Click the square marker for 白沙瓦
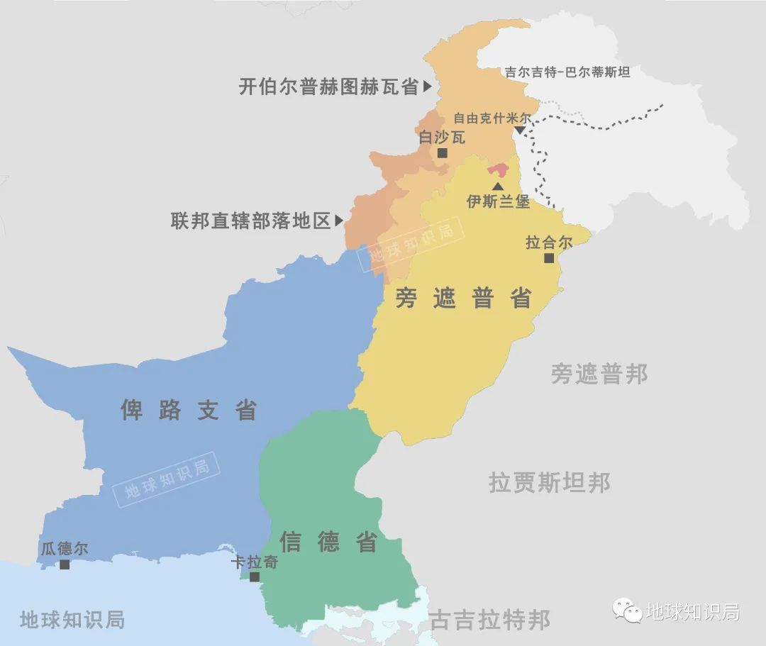coord(443,153)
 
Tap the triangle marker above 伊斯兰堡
coord(498,185)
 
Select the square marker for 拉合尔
coord(548,258)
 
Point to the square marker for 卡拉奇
coord(255,577)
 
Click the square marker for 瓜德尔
coord(65,564)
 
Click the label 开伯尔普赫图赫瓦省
coord(328,87)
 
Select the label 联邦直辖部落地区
coord(251,221)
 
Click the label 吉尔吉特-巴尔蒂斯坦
coord(567,72)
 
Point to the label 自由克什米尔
coord(492,118)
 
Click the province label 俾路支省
coord(189,410)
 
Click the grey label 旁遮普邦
coord(599,374)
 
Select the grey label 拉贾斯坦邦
coord(549,483)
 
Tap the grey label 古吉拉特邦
coord(489,620)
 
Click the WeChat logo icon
coord(628,611)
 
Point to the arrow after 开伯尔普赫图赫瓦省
coord(427,87)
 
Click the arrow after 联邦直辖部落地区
coord(339,221)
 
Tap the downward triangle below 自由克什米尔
coord(521,130)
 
